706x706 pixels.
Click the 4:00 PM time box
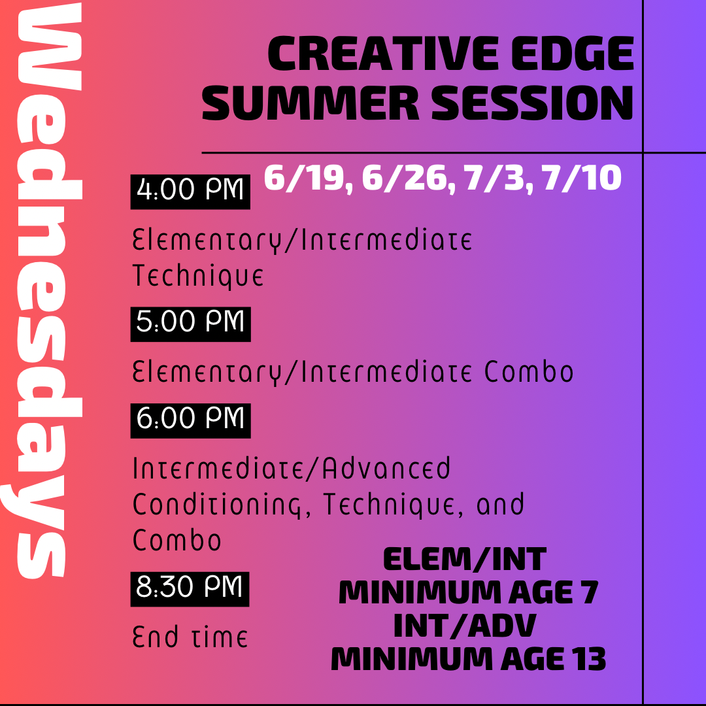coord(190,192)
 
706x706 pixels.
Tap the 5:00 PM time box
coord(190,323)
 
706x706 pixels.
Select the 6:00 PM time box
coord(190,420)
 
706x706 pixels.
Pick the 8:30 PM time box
coord(190,588)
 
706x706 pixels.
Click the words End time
coord(190,636)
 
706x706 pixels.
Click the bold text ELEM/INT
coord(464,560)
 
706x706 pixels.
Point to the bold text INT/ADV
coord(464,626)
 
